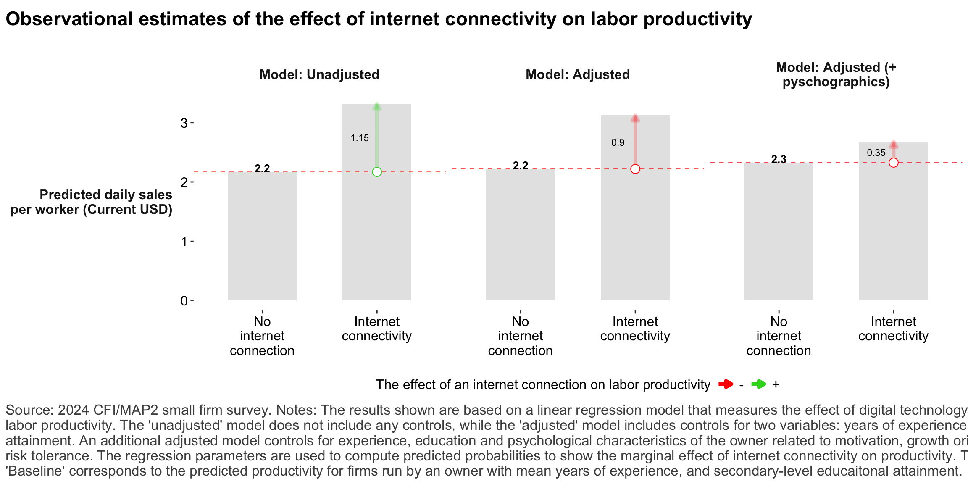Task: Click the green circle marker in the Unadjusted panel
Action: (377, 172)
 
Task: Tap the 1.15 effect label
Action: (360, 138)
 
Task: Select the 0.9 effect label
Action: (618, 143)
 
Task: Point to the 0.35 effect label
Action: (876, 153)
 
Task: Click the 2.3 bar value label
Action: (779, 159)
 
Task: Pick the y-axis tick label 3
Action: (184, 123)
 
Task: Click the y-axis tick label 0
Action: (184, 301)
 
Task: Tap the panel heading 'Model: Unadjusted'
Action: (319, 74)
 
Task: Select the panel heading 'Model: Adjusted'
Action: (578, 74)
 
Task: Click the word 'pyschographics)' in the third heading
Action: (836, 82)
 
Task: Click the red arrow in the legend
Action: (726, 384)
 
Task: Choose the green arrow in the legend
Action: (758, 384)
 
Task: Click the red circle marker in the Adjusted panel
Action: (635, 169)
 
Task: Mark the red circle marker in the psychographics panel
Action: (894, 163)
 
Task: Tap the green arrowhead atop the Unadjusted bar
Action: (377, 107)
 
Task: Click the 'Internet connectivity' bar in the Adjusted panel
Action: (635, 235)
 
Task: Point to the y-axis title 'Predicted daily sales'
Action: (106, 195)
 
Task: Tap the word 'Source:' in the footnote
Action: (29, 410)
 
